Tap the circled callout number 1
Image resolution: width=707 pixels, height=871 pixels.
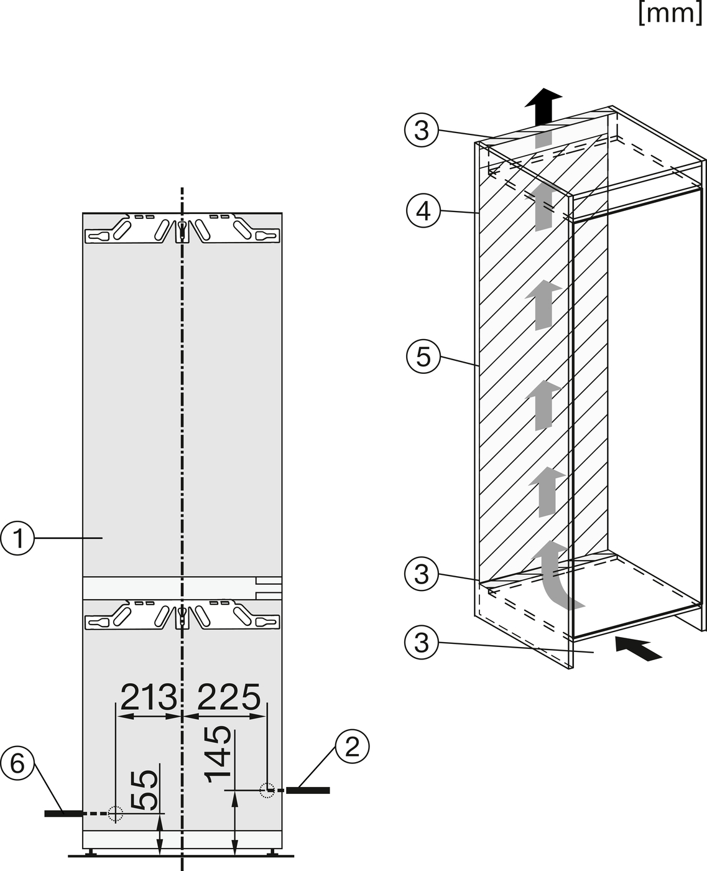tap(17, 538)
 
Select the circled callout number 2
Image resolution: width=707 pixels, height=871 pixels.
tap(353, 746)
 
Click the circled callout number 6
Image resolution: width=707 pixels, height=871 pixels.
tap(17, 763)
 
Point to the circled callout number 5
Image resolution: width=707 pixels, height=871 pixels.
tap(423, 356)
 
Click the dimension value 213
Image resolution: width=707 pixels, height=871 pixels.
tap(149, 696)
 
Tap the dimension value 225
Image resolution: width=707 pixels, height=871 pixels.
tap(228, 696)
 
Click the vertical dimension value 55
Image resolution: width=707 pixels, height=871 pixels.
tap(144, 789)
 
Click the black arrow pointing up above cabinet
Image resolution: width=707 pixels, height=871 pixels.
tap(543, 107)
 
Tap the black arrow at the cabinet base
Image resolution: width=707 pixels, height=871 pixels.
tap(639, 648)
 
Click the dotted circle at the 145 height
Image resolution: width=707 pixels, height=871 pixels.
tap(267, 790)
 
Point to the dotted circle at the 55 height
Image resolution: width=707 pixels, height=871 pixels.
tap(116, 813)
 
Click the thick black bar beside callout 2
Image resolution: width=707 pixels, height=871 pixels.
tap(308, 791)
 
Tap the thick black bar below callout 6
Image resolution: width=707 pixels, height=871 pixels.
tap(63, 814)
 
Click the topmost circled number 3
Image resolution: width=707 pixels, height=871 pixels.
tap(422, 131)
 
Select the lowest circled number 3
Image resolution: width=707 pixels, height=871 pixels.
tap(422, 643)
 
